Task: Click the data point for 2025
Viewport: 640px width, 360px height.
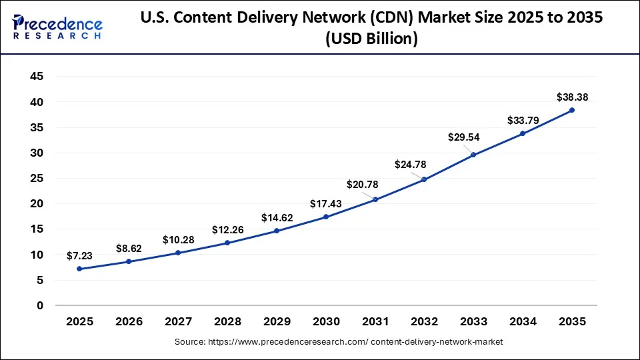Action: click(79, 269)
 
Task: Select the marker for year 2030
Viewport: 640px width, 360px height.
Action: click(326, 217)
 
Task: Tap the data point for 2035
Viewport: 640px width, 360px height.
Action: click(572, 110)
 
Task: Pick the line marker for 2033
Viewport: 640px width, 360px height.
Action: click(473, 155)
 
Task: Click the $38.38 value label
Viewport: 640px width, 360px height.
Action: click(572, 97)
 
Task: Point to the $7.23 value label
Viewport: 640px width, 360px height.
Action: click(79, 255)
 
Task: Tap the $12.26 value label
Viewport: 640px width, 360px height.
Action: click(227, 230)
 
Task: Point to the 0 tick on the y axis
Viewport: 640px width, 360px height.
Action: click(41, 305)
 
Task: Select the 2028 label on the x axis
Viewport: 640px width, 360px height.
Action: click(227, 322)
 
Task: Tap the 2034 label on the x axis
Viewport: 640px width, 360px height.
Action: click(523, 322)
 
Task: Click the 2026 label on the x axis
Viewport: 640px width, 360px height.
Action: click(129, 322)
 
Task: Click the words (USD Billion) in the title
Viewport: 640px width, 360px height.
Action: click(371, 39)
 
